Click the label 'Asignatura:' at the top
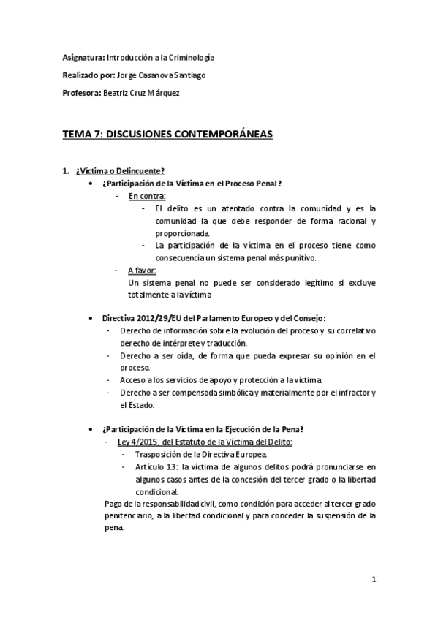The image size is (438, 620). point(83,56)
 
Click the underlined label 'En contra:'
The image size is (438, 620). point(147,195)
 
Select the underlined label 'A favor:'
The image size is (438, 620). point(142,270)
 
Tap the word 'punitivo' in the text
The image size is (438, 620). point(298,257)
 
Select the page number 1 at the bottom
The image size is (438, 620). point(373,581)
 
